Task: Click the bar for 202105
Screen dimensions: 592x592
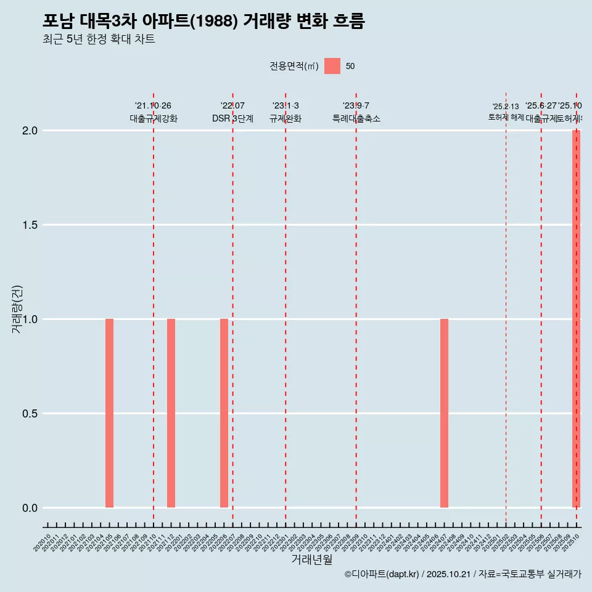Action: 109,413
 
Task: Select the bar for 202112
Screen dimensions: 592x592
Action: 171,413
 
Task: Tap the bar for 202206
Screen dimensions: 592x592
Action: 224,413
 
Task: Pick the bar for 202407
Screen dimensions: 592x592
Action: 444,413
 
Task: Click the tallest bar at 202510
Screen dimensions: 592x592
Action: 576,319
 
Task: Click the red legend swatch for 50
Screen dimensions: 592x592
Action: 332,66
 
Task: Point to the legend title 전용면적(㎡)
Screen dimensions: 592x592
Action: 294,66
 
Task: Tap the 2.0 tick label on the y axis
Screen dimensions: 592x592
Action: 30,131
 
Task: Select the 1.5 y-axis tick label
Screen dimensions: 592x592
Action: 30,225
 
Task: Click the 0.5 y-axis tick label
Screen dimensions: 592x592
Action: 30,414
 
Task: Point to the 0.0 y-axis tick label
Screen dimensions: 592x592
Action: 30,508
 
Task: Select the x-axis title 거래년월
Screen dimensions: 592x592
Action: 311,560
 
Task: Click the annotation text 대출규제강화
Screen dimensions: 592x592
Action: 154,118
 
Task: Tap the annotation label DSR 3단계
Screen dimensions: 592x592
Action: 232,118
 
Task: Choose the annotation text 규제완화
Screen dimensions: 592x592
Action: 286,118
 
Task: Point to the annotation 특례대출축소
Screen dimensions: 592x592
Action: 356,118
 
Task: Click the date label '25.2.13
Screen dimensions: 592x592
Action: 506,107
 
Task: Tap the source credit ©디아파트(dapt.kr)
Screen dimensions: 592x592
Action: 382,574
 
